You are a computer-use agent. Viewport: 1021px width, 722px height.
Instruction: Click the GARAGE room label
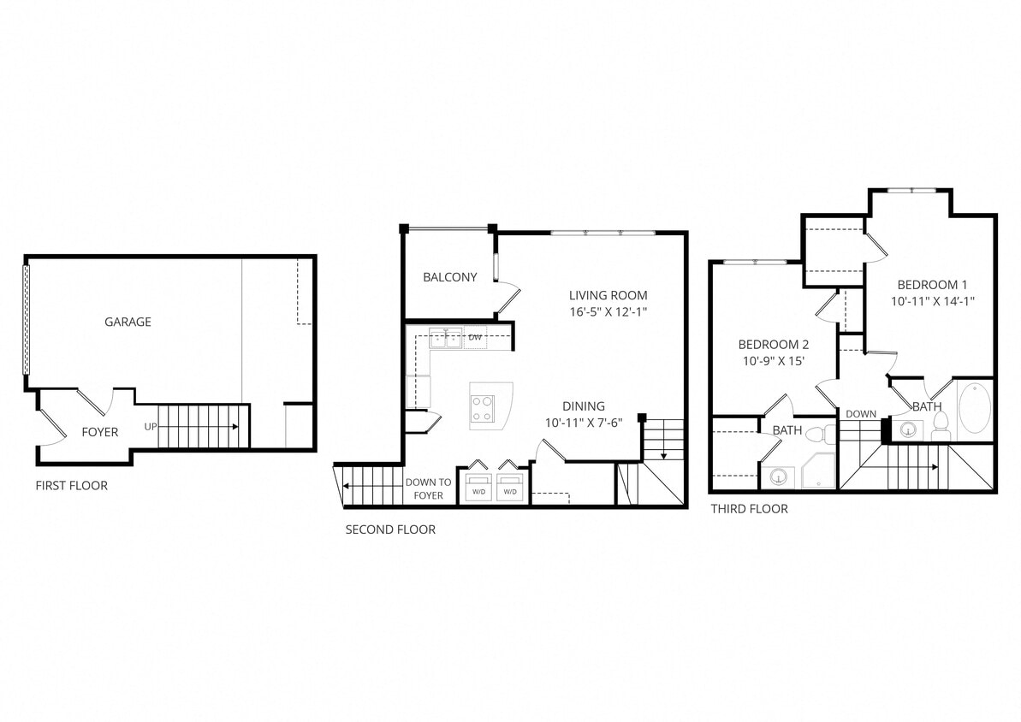coord(128,323)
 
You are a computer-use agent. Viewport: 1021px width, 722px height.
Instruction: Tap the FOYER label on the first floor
coord(100,432)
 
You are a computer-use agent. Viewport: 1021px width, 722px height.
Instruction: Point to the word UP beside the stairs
coord(151,427)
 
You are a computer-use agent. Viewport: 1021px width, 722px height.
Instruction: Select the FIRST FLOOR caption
coord(72,486)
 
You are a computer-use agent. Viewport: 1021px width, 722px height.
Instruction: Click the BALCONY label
coord(449,277)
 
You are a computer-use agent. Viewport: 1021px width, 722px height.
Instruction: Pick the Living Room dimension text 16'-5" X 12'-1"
coord(608,313)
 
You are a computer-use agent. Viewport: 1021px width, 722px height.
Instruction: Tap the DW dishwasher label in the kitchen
coord(475,338)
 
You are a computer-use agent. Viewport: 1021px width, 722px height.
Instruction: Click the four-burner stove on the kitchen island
coord(483,407)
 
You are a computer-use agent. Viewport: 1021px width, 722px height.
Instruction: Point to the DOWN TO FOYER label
coord(428,488)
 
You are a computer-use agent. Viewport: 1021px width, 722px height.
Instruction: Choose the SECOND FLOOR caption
coord(390,530)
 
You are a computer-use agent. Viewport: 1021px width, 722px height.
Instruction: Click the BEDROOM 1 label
coord(932,284)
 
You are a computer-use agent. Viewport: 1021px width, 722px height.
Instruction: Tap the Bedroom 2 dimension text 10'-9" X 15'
coord(773,362)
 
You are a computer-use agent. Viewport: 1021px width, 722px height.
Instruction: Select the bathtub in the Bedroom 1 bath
coord(974,411)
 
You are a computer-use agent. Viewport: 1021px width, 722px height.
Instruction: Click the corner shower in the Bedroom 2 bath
coord(817,471)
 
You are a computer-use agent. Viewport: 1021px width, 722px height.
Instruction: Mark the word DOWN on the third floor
coord(861,414)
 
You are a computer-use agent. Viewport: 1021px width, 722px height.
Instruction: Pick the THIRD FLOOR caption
coord(749,509)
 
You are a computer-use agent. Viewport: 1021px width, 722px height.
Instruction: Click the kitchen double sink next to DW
coord(446,338)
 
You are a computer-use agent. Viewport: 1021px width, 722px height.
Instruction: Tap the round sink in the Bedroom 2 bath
coord(779,476)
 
